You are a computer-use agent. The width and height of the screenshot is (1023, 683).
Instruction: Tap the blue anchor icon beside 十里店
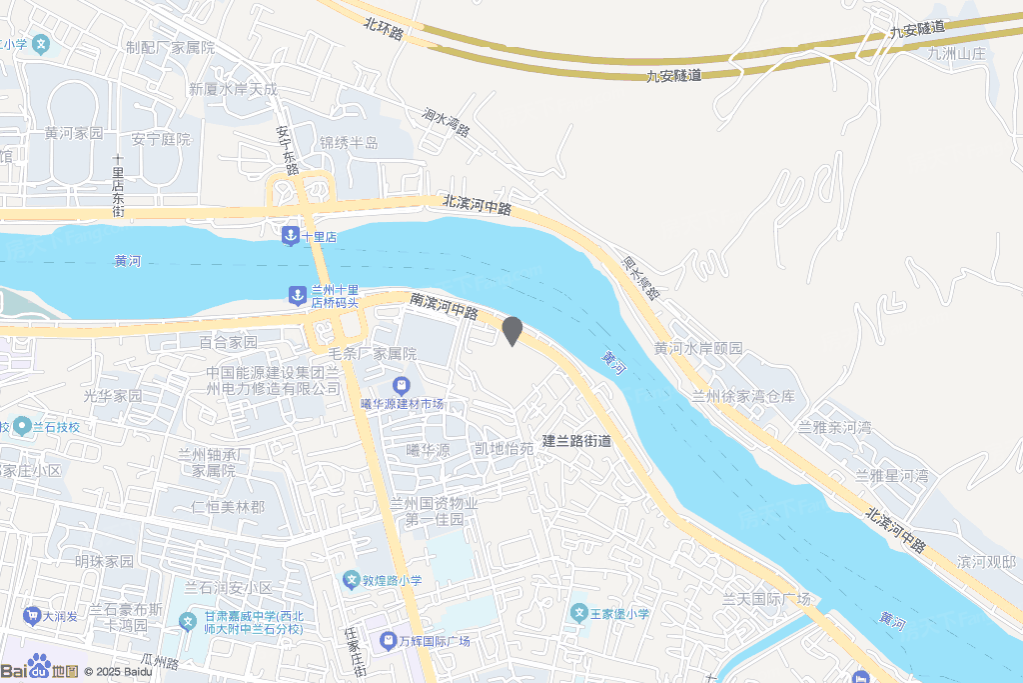(290, 235)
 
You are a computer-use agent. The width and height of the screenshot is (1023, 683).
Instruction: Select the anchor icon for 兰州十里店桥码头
(297, 295)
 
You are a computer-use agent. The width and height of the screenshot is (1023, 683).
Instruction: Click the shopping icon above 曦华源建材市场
(401, 385)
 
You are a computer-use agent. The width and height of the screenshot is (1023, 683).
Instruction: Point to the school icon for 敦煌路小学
(351, 580)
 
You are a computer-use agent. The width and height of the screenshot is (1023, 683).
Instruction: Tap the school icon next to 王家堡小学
(578, 612)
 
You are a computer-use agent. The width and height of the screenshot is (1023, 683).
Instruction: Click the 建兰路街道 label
(576, 440)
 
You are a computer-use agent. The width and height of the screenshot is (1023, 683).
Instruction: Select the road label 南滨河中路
(444, 305)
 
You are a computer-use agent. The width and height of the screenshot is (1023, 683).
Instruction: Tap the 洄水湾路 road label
(446, 123)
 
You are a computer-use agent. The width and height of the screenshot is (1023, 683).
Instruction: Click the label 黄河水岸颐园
(698, 348)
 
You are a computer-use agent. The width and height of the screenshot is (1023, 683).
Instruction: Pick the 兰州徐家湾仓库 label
(743, 396)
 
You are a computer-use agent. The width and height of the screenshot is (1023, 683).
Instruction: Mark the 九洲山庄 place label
(956, 54)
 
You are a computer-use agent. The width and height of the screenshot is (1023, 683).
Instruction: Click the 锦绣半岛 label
(349, 143)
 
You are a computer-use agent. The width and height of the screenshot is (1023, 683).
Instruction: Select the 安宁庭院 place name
(161, 139)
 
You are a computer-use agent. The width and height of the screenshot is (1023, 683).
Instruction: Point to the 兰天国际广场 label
(766, 599)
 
